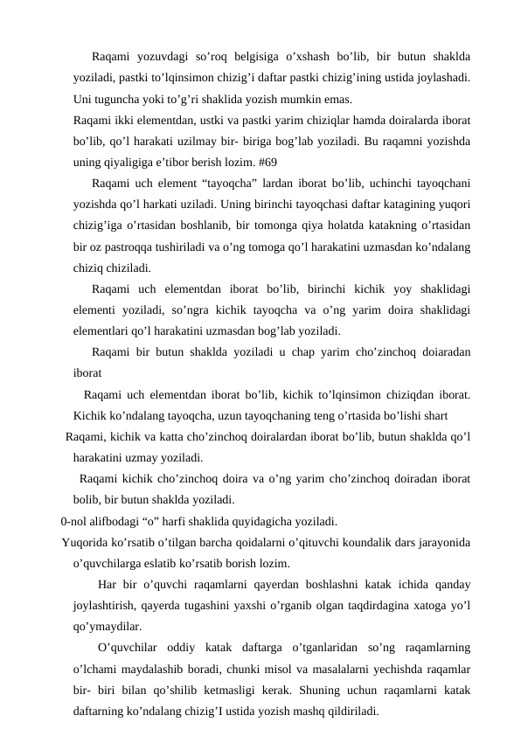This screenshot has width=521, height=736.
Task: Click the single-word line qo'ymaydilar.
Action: [109, 626]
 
